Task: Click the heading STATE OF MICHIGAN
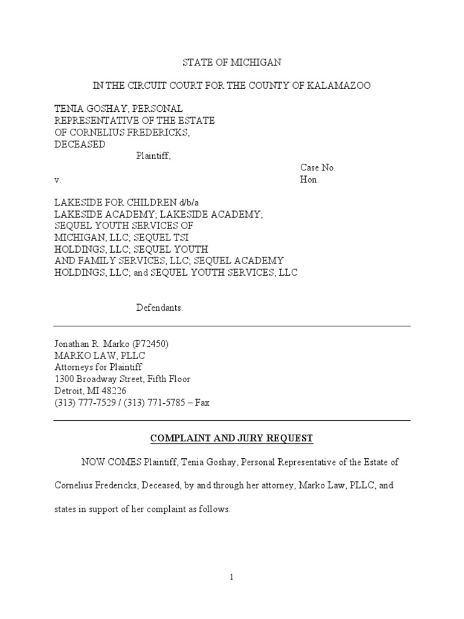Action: [232, 63]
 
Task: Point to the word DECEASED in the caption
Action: [80, 144]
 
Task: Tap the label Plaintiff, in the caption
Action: [153, 156]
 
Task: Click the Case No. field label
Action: [318, 167]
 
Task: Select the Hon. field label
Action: [309, 180]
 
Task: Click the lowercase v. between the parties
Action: [57, 180]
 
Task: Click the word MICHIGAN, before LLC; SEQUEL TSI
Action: [79, 238]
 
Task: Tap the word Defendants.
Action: [159, 308]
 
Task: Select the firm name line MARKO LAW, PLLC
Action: [100, 355]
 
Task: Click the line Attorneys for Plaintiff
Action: [99, 367]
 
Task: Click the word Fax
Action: [201, 403]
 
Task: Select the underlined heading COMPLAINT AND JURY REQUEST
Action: [231, 438]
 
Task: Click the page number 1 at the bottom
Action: [231, 577]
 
